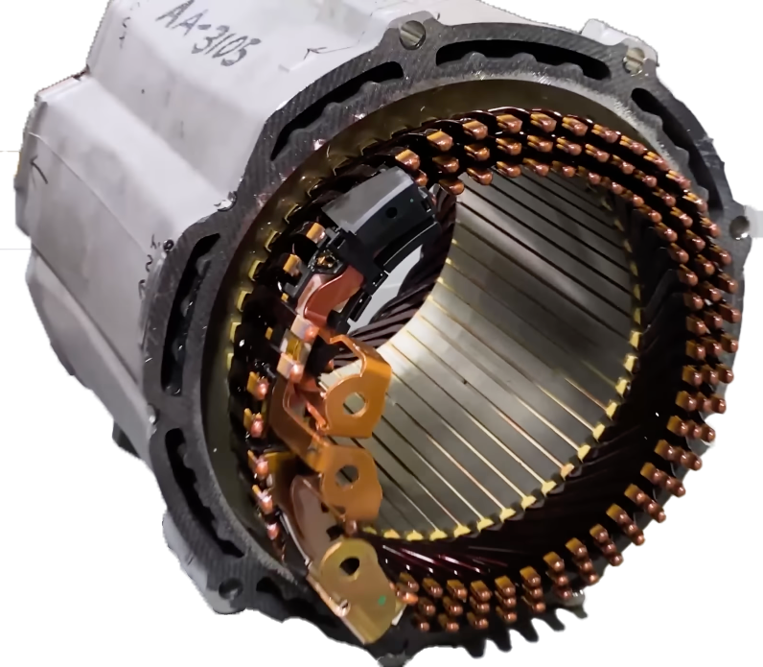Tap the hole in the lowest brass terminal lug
350,565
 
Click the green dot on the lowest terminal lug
382,598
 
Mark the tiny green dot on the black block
412,200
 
